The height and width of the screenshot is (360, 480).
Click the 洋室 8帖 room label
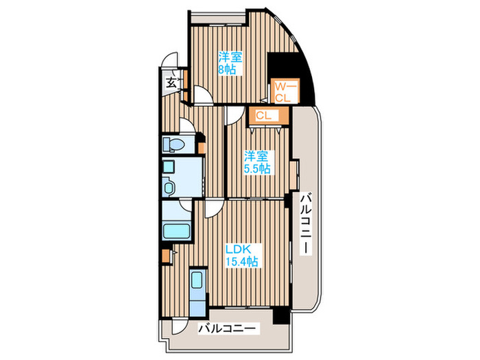[230, 63]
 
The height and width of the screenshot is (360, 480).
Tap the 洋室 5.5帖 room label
[256, 163]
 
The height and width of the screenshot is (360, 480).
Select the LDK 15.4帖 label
[241, 256]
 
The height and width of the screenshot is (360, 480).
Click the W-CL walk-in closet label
[286, 93]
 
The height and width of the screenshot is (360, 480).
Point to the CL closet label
[263, 116]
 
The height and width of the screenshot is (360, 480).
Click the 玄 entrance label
[171, 83]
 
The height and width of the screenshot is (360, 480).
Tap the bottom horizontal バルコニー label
[227, 329]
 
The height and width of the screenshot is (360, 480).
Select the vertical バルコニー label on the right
[305, 224]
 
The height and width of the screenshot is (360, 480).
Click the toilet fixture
[173, 144]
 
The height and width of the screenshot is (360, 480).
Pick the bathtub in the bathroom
[176, 231]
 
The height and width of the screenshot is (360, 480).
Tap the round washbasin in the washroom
[169, 187]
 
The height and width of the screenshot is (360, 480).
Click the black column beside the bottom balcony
[281, 316]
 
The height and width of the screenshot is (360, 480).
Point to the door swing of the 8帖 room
[203, 95]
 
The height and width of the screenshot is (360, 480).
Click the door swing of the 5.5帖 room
[235, 115]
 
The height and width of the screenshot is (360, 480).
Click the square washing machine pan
[169, 167]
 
